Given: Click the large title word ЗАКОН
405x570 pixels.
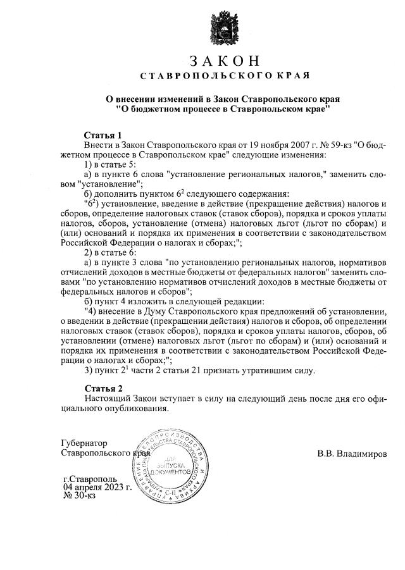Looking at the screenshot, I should (x=224, y=61).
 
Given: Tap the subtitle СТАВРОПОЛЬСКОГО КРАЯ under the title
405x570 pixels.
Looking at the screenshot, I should (x=224, y=77).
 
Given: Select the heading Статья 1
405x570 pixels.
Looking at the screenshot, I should (x=102, y=135).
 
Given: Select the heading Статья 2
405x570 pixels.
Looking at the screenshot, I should (x=102, y=388).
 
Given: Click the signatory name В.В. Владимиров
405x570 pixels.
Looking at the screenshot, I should (x=352, y=454).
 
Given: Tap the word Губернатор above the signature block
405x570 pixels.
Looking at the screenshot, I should (x=85, y=443).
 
